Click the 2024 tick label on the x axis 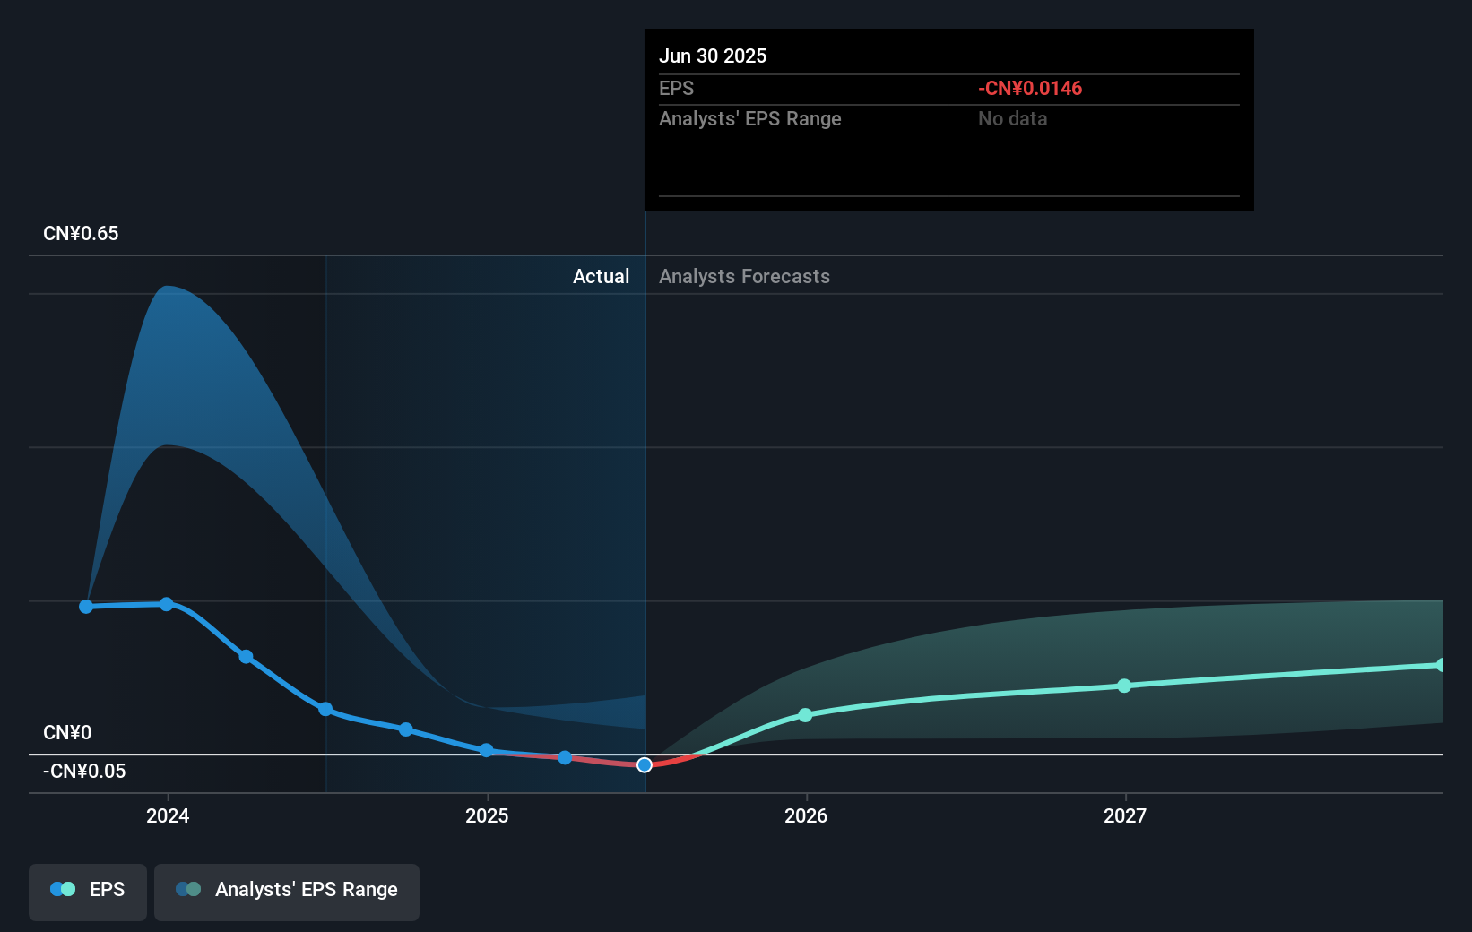[x=168, y=815]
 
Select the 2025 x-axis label [x=487, y=815]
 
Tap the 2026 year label [x=806, y=815]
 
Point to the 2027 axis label [x=1125, y=815]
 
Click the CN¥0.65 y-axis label [x=81, y=234]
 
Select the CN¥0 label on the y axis [x=67, y=733]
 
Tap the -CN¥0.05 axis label [x=84, y=772]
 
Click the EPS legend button [x=88, y=890]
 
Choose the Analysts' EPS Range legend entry [x=287, y=890]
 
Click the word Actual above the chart [x=601, y=277]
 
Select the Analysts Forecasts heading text [x=744, y=277]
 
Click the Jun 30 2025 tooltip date [x=713, y=56]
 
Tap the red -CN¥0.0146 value [x=1030, y=89]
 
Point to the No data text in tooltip [x=1012, y=119]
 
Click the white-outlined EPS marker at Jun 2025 [x=645, y=764]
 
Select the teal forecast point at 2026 [x=805, y=715]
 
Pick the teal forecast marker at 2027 [x=1124, y=686]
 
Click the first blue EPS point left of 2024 [x=86, y=607]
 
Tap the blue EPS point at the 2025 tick [x=486, y=750]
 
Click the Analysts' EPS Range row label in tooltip [x=749, y=119]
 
